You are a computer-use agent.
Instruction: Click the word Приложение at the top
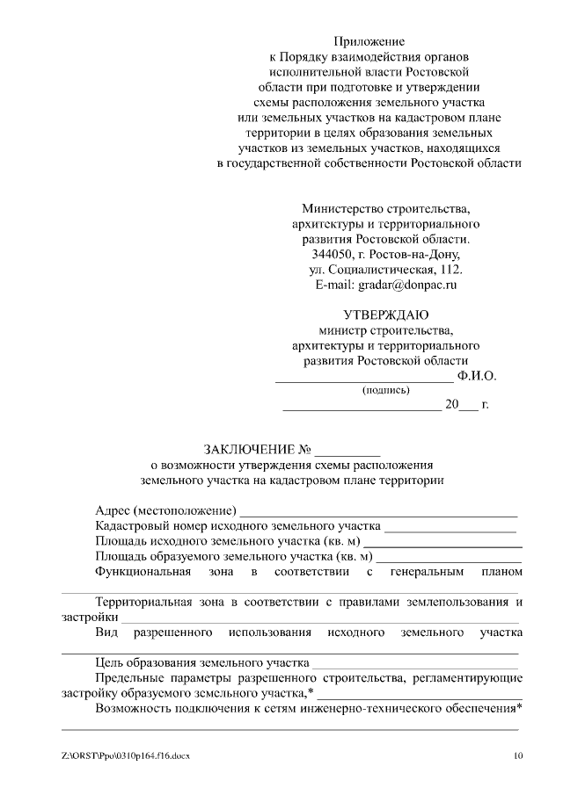point(369,40)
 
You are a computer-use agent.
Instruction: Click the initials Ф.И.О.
point(477,376)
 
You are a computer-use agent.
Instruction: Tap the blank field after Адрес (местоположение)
point(378,511)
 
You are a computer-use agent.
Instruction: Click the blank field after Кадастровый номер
point(450,527)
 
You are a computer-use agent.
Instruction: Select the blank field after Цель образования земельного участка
point(414,663)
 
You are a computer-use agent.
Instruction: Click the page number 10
point(518,755)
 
